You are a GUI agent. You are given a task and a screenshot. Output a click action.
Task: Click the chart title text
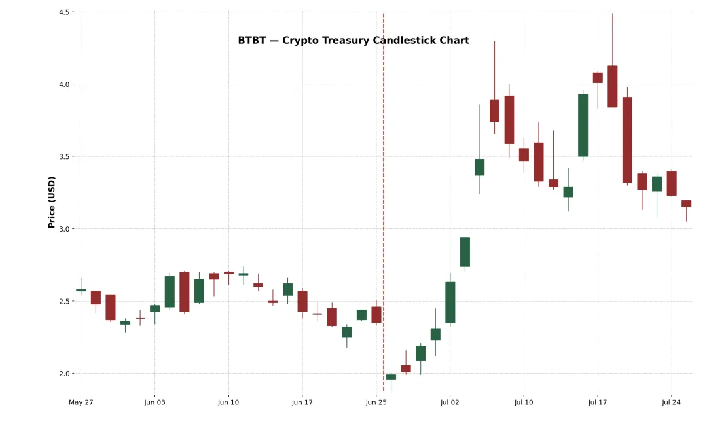point(353,41)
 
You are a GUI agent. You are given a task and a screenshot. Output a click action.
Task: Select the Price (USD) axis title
point(52,202)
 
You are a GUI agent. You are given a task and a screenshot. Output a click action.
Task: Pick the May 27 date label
point(81,402)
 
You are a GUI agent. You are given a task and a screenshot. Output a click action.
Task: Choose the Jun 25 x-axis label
point(376,402)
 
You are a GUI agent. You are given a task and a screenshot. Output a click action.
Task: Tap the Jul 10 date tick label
point(524,402)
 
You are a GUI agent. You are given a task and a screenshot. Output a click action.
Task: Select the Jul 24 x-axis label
point(672,402)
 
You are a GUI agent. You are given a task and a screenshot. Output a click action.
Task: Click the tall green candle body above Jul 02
point(450,302)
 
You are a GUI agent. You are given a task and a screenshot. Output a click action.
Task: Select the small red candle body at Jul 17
point(598,78)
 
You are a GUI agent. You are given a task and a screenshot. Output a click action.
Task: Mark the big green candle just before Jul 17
point(583,125)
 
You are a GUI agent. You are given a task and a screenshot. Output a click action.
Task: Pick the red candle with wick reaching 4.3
point(494,111)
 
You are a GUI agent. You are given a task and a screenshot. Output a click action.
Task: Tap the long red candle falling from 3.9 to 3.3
point(627,139)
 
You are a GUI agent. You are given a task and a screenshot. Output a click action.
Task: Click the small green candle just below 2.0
point(391,377)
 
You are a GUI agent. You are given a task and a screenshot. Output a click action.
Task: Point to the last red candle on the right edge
point(686,204)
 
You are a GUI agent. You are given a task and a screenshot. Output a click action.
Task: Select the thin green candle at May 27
point(81,290)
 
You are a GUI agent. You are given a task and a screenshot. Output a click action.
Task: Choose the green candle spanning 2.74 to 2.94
point(465,252)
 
